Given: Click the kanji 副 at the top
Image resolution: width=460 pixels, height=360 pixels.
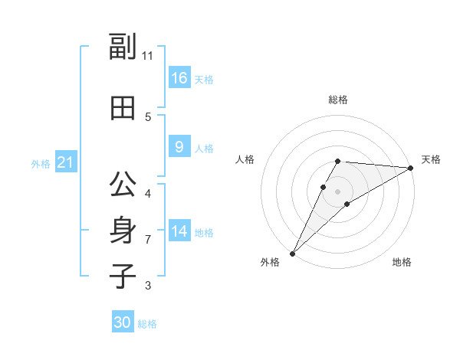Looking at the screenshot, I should click(x=122, y=48).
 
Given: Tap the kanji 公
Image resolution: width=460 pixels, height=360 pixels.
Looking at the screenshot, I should click(x=122, y=185).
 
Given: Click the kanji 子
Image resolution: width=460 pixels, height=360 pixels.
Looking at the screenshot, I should click(x=122, y=276).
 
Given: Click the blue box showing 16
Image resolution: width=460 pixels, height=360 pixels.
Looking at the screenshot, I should click(x=179, y=78).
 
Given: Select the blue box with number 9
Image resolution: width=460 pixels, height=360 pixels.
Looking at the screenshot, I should click(x=179, y=147).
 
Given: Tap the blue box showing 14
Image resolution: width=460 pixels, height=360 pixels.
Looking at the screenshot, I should click(x=179, y=231).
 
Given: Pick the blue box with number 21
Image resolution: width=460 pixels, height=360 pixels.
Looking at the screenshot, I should click(x=65, y=163).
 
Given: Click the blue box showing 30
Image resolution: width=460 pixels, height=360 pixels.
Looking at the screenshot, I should click(x=123, y=322).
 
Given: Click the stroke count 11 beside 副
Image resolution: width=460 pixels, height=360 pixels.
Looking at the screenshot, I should click(x=148, y=56).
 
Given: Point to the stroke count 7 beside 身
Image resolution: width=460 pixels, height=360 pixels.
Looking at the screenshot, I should click(x=148, y=240).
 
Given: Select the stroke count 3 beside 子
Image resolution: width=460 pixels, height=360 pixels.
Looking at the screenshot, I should click(x=148, y=286).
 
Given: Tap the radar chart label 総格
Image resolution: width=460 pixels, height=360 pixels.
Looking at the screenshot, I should click(x=338, y=100).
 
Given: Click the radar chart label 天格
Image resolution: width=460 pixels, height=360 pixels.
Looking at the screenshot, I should click(x=431, y=159).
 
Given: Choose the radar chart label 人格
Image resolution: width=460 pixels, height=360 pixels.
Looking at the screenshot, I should click(x=245, y=159).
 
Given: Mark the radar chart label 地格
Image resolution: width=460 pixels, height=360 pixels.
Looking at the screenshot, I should click(x=402, y=263).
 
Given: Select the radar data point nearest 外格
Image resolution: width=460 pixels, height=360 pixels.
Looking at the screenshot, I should click(x=292, y=253).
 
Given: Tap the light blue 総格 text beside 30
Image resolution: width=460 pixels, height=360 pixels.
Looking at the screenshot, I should click(x=147, y=324).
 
